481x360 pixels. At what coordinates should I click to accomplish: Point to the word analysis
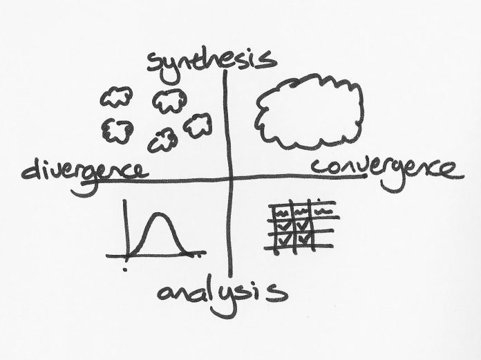[221, 293]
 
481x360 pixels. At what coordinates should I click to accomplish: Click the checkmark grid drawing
[301, 227]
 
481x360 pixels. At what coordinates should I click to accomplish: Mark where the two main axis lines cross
[227, 178]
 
